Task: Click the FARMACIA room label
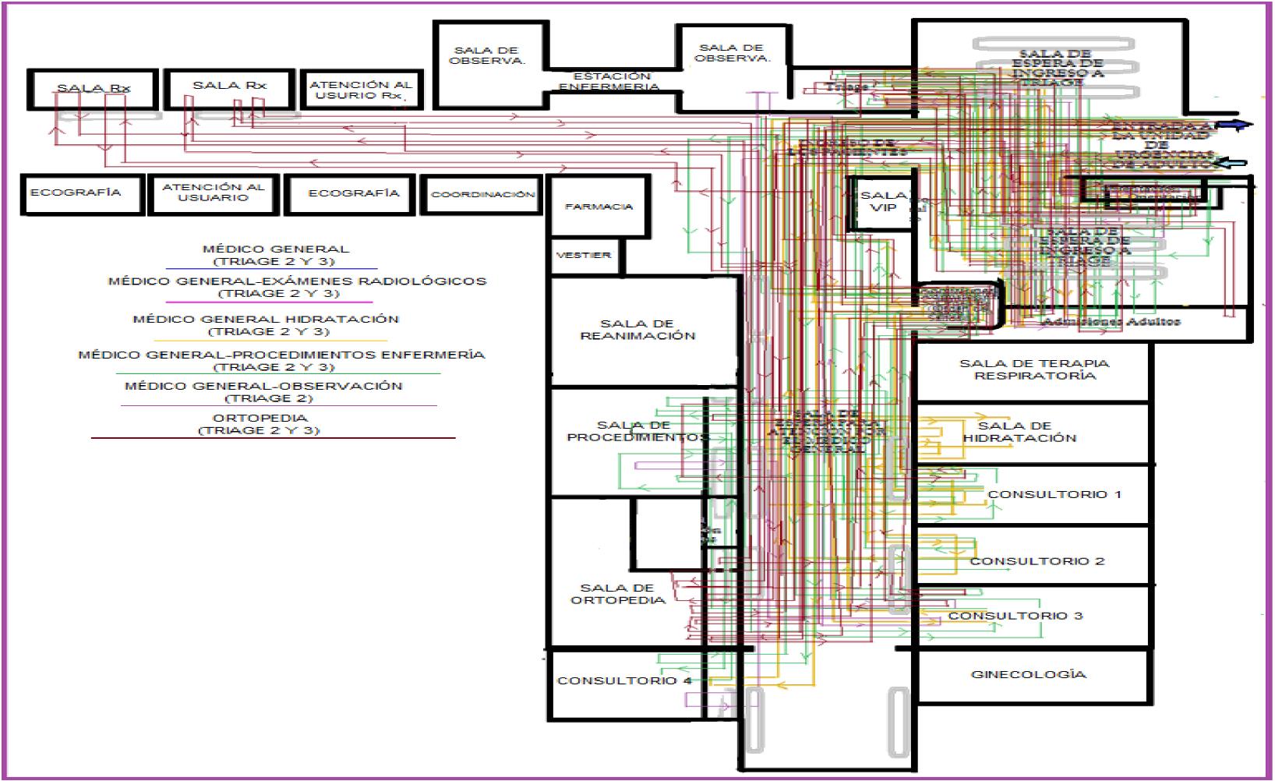(x=599, y=207)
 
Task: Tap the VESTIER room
(x=584, y=256)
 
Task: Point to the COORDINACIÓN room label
(x=483, y=194)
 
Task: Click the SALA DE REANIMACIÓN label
(x=637, y=330)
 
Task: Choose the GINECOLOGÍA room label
(x=1028, y=674)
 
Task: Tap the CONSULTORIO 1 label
(x=1054, y=494)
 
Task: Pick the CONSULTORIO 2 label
(x=1037, y=561)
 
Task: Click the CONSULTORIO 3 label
(x=1015, y=616)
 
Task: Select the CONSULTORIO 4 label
(x=624, y=680)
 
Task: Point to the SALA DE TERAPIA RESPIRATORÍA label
(x=1034, y=369)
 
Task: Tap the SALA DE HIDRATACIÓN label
(x=1019, y=432)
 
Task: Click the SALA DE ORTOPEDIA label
(x=617, y=594)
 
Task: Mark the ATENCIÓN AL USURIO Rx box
(x=359, y=90)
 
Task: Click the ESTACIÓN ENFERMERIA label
(x=611, y=82)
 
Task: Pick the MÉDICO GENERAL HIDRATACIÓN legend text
(x=266, y=325)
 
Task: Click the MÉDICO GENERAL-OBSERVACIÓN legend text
(x=263, y=391)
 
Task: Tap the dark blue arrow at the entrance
(x=1234, y=125)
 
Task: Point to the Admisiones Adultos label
(x=1111, y=321)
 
